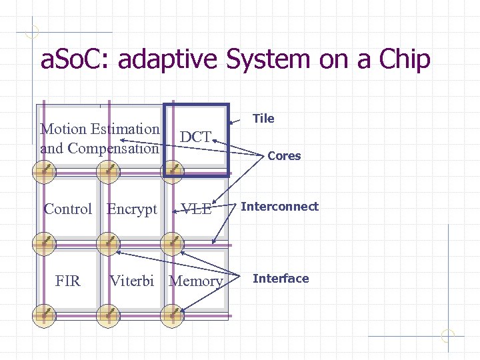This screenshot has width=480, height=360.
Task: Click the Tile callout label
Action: point(263,119)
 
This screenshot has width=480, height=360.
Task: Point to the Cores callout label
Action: point(284,156)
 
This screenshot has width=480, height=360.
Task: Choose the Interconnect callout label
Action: point(279,207)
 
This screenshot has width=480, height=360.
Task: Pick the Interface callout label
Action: point(281,279)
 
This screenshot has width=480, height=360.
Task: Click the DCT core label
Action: point(196,137)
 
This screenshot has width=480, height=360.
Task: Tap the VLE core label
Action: point(197,209)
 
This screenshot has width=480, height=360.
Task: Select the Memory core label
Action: point(196,281)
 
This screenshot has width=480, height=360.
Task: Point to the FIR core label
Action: point(68,281)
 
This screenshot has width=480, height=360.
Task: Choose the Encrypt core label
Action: point(132,209)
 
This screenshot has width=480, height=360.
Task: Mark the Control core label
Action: point(67,209)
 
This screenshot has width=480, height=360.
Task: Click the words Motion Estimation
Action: point(100,129)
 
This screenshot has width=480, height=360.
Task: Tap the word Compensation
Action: point(113,148)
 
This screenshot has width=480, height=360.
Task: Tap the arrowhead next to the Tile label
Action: point(232,123)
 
